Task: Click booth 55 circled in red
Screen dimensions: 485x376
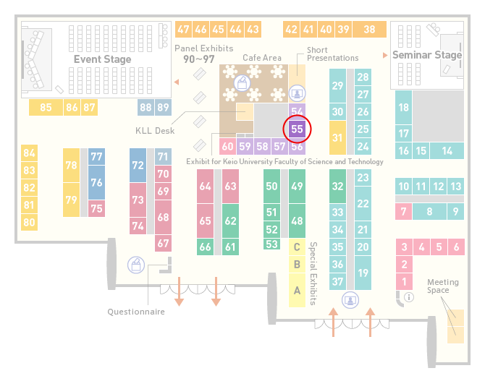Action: coord(297,129)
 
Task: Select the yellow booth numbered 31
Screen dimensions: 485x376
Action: coord(337,137)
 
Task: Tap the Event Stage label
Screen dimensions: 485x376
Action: coord(102,59)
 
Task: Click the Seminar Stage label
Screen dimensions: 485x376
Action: coord(427,55)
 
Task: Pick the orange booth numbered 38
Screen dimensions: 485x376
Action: coord(370,30)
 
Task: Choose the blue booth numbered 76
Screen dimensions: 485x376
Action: coord(96,183)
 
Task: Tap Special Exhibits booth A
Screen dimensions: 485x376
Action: coord(297,291)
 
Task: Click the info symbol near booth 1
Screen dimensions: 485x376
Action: coord(409,297)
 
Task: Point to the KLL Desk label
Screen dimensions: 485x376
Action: coord(155,131)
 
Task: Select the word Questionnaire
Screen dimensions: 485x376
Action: coord(136,312)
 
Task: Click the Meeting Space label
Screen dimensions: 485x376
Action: coord(443,286)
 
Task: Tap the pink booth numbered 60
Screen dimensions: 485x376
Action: coord(227,146)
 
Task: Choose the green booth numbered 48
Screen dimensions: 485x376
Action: coord(297,221)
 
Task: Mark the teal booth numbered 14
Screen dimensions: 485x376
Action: coord(447,151)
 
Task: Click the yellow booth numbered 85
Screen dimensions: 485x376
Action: coord(46,108)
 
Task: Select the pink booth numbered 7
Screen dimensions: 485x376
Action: coord(403,212)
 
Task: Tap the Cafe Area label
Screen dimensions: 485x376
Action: coord(262,58)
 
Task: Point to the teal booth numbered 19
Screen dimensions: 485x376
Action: coord(363,273)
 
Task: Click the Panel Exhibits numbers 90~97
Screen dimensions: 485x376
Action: coord(199,59)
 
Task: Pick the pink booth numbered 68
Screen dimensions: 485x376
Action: coord(163,217)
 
